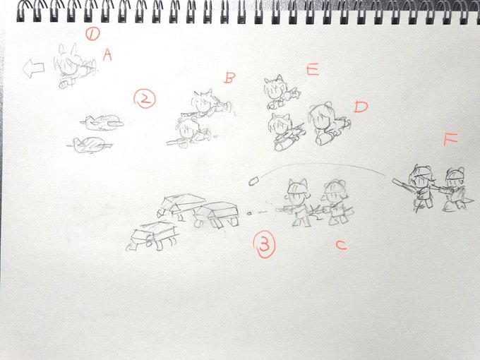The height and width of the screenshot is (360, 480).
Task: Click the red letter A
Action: pyautogui.click(x=107, y=55)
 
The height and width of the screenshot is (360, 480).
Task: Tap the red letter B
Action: pyautogui.click(x=229, y=78)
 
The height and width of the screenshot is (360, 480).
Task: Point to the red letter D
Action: pyautogui.click(x=361, y=107)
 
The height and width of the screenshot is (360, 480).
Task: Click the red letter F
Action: pyautogui.click(x=450, y=138)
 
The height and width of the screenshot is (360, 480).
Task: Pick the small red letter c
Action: pyautogui.click(x=342, y=245)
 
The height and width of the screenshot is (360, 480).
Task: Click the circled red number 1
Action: pyautogui.click(x=92, y=34)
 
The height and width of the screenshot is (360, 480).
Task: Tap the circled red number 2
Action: pyautogui.click(x=145, y=99)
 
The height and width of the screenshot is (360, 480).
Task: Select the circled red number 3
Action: pyautogui.click(x=264, y=244)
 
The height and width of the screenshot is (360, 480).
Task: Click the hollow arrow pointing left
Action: pyautogui.click(x=34, y=68)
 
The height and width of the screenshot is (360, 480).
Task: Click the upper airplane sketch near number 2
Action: pyautogui.click(x=102, y=122)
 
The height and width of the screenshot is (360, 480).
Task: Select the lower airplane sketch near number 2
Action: pyautogui.click(x=90, y=145)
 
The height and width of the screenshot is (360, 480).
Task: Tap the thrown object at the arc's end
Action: pyautogui.click(x=254, y=180)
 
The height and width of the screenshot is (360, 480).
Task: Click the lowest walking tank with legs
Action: pyautogui.click(x=152, y=236)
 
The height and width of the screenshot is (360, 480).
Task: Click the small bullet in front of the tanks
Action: pyautogui.click(x=249, y=213)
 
